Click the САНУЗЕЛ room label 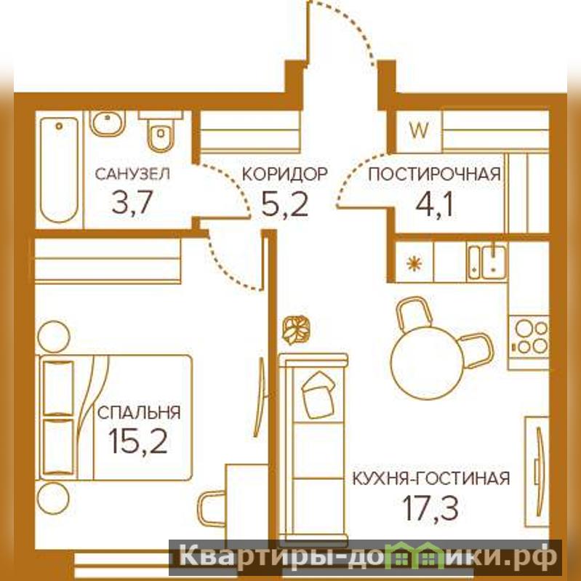pos(132,174)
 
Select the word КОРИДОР pos(284,174)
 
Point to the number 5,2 pos(284,204)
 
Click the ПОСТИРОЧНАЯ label pos(434,174)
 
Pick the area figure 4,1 pos(434,204)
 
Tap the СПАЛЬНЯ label pos(139,412)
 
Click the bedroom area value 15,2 pos(138,441)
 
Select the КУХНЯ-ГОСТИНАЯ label pos(431,478)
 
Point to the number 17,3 pos(430,508)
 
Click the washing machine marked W pos(419,131)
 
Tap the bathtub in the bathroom pos(59,169)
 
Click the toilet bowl pos(161,132)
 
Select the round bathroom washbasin pos(108,123)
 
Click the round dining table pos(428,363)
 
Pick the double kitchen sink pos(487,263)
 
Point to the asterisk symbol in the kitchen pos(414,263)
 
